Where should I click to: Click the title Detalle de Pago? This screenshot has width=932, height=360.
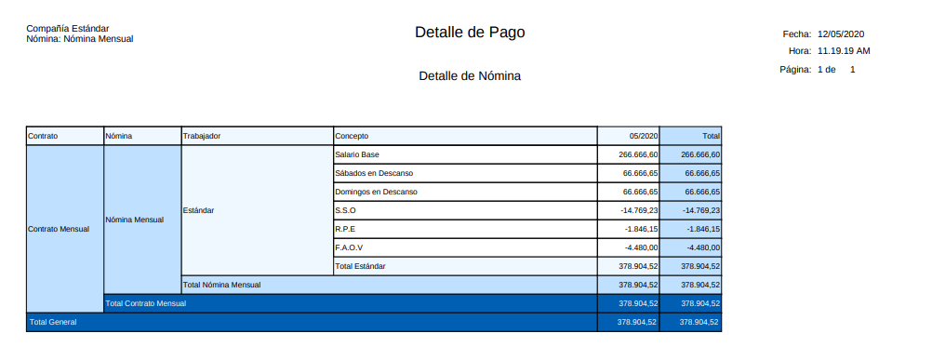point(470,33)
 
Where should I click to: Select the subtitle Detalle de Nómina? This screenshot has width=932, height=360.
point(470,76)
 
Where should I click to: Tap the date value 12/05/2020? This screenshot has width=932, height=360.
point(842,33)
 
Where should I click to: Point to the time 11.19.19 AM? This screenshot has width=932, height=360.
point(844,50)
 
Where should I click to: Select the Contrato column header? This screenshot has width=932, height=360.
point(43,136)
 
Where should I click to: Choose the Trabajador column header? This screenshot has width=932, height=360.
point(202,136)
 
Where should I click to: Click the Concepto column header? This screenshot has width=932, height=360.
point(353,136)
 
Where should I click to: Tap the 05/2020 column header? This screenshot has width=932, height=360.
point(644,136)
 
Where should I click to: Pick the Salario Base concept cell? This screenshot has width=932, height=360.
point(357,154)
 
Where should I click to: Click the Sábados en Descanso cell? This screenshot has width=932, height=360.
point(374,173)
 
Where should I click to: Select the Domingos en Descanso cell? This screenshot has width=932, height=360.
point(376,192)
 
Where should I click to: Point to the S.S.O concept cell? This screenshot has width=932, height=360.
point(345,210)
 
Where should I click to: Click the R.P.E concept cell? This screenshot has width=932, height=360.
point(345,229)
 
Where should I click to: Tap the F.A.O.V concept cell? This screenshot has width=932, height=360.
point(349,247)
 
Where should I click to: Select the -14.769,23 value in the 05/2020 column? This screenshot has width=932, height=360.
point(639,210)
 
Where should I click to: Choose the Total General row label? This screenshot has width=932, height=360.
point(53,322)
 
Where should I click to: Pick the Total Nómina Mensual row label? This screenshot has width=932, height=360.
point(221,285)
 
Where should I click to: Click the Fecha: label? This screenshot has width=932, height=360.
point(797,33)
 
